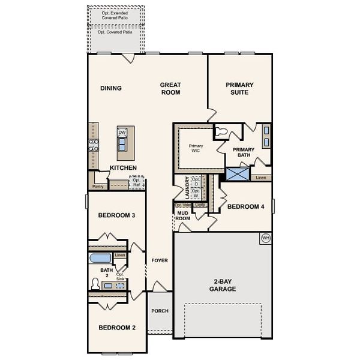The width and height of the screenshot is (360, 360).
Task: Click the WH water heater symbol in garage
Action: coord(265,238)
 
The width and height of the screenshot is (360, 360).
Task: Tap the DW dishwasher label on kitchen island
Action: coord(122,133)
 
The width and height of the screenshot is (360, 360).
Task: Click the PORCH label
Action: coord(160,311)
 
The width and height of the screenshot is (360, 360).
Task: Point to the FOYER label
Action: coord(159,260)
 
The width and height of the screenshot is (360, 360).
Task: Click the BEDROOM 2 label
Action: coord(117,328)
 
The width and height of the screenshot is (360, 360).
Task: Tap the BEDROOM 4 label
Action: coord(246,207)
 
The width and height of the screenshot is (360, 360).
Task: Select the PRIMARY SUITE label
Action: coord(240,89)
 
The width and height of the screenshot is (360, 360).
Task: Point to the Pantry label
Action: coord(98,187)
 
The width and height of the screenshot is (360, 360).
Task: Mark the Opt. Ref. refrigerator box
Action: coord(137,182)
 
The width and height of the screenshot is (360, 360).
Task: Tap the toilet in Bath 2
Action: coord(95,283)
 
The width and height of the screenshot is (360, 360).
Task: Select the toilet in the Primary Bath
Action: coord(221,131)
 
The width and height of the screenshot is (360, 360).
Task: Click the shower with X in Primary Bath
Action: coord(237,175)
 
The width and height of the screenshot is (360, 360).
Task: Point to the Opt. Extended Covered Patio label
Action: coord(116,14)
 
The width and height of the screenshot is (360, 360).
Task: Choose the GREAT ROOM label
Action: coord(170,89)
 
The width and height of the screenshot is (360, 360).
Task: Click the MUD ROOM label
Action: coord(182,215)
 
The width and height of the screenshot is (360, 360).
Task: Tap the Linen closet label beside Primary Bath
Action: coord(260,178)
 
